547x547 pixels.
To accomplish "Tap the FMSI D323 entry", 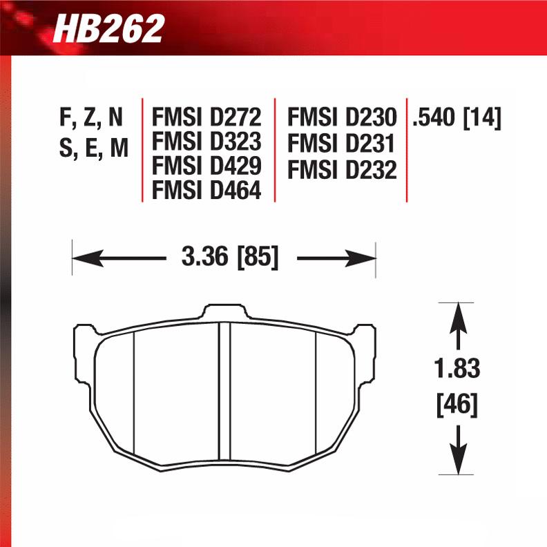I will click(207, 142).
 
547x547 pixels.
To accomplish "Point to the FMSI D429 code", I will click(207, 166).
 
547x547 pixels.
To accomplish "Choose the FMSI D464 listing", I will click(207, 189).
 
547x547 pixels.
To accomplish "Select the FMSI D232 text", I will click(342, 169).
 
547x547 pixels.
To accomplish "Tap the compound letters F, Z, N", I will click(91, 118).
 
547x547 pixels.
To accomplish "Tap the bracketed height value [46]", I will click(457, 405).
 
